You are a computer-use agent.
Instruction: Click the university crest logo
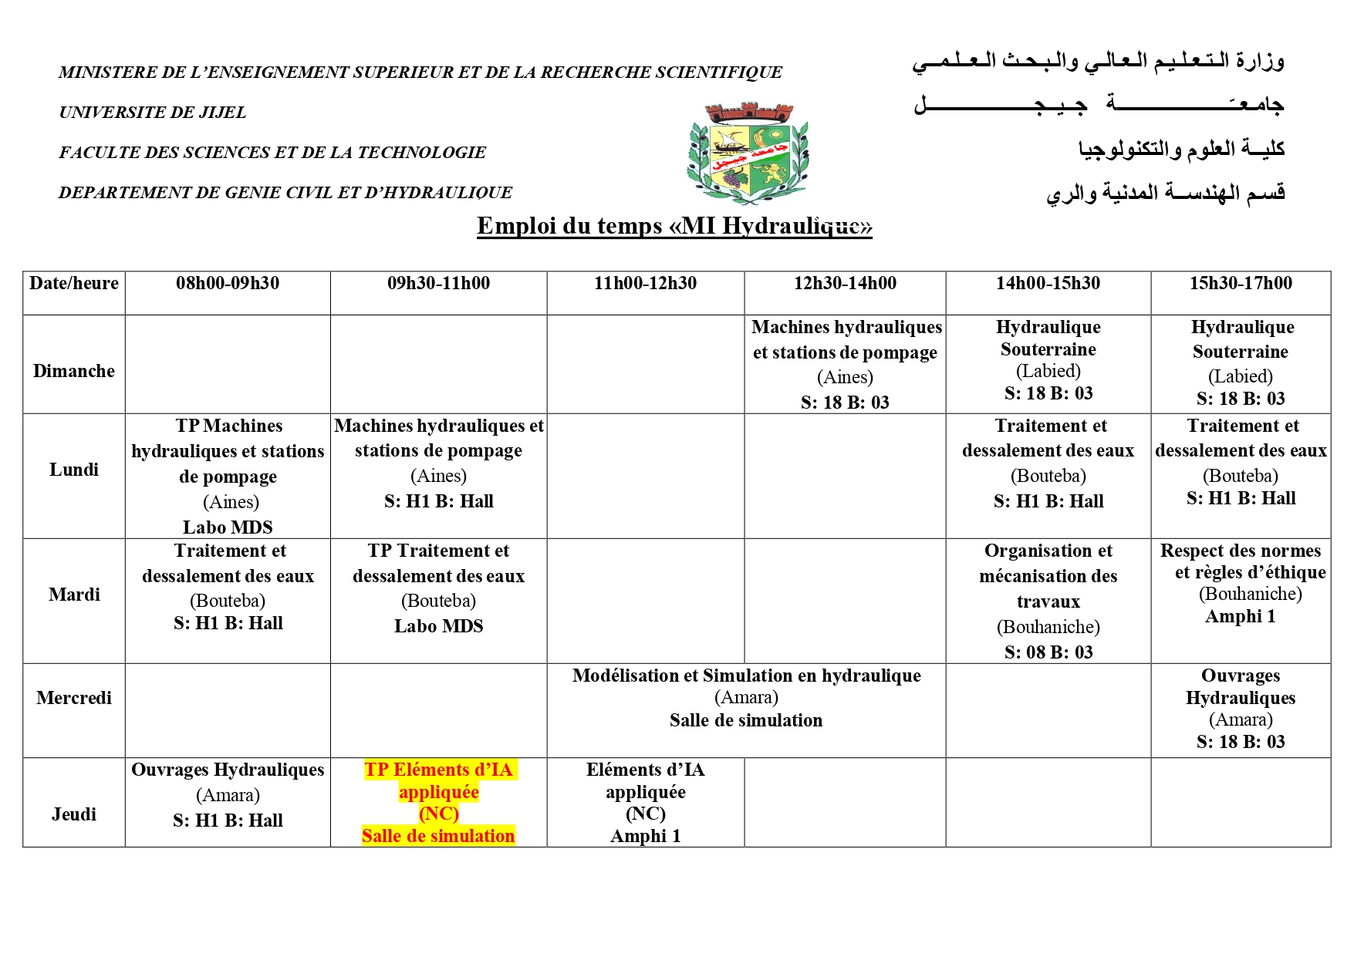coord(747,153)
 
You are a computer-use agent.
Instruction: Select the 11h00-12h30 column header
coord(645,284)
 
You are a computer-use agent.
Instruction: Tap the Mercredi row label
coord(74,698)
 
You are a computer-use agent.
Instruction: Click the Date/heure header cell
coord(74,284)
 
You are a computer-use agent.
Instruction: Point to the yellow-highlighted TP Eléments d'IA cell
coord(438,802)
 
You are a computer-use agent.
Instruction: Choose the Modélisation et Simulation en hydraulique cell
coord(746,698)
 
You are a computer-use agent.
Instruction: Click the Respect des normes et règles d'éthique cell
coord(1241,584)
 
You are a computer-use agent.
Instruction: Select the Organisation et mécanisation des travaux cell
coord(1048,601)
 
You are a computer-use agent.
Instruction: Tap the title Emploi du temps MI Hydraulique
coord(674,226)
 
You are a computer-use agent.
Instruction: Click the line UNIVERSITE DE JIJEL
coord(153,113)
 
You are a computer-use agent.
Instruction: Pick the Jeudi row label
coord(74,814)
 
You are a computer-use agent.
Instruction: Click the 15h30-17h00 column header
coord(1241,284)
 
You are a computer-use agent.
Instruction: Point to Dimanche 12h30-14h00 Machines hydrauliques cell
coord(846,364)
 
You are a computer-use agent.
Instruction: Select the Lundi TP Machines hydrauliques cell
coord(228,476)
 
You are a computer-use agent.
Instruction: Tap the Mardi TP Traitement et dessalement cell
coord(438,588)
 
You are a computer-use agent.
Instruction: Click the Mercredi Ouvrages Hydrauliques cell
coord(1241,709)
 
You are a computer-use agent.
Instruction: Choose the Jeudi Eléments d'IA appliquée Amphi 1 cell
coord(645,802)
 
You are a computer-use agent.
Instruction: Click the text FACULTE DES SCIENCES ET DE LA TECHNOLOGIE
coord(272,153)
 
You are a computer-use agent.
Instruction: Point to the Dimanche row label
coord(74,371)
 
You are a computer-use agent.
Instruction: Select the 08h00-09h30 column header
coord(228,284)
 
